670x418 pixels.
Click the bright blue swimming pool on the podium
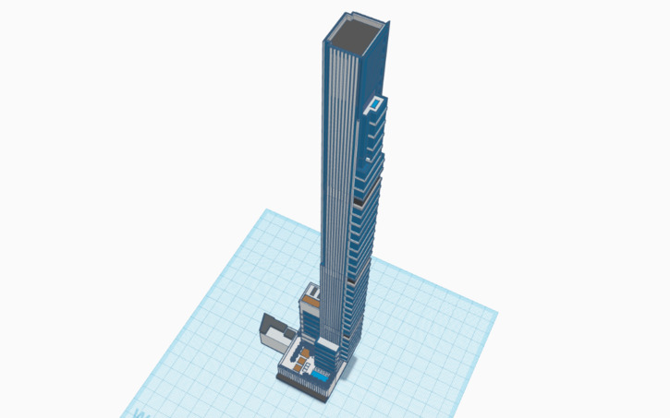point(320,376)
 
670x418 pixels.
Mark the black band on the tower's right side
point(358,197)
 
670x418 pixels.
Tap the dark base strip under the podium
point(304,385)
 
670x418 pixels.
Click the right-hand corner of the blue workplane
point(497,312)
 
